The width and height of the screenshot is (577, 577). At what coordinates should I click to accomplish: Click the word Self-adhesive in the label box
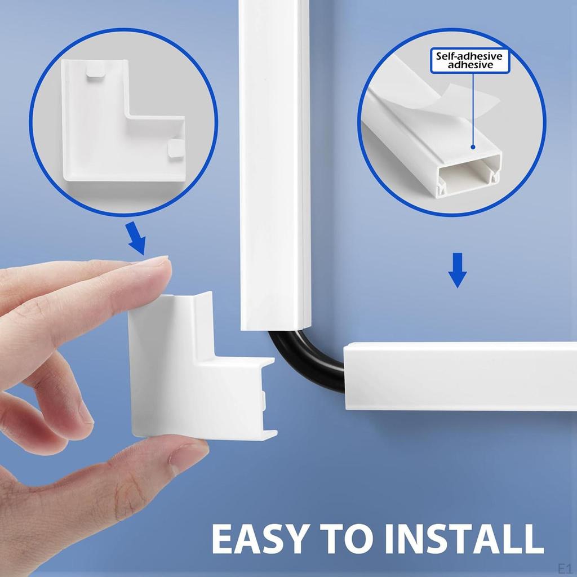(x=469, y=56)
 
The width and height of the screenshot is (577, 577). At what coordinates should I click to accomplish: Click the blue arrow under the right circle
(x=457, y=270)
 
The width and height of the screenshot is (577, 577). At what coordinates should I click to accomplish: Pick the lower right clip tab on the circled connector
(x=175, y=149)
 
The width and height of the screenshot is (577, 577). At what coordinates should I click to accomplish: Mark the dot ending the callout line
(x=472, y=147)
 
